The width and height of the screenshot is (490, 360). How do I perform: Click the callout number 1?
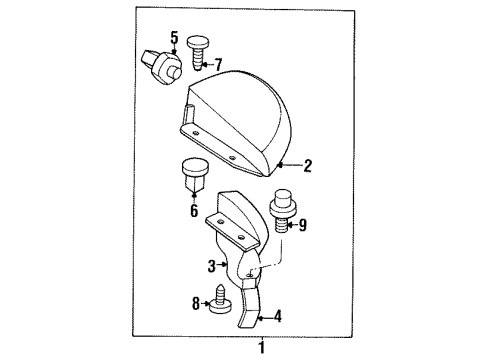[x=263, y=348]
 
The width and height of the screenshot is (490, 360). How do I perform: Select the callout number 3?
[x=211, y=266]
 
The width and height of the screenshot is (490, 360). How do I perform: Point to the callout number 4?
[x=277, y=317]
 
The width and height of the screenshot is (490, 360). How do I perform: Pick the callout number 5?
[x=174, y=39]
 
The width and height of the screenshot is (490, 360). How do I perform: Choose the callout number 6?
[x=193, y=211]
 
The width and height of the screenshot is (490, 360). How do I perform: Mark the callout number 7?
[x=219, y=65]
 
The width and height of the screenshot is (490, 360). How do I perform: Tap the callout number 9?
[x=304, y=225]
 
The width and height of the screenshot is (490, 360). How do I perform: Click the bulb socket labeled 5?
[x=162, y=62]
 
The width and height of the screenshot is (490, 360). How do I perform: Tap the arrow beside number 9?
[x=290, y=225]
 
